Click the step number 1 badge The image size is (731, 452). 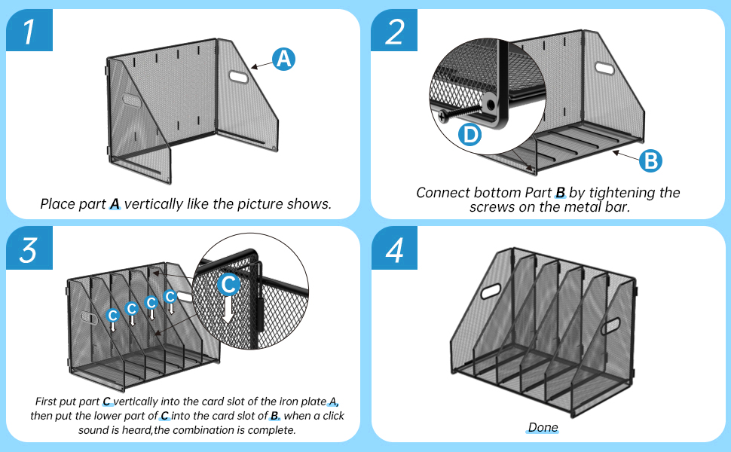(29, 31)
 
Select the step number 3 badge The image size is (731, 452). (29, 249)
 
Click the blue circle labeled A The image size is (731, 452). (283, 60)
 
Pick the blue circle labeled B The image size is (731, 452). (650, 160)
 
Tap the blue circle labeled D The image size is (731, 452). (470, 135)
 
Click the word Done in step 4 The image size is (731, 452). (543, 428)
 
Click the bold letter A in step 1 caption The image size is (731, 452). (115, 204)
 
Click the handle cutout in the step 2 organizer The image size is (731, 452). (604, 68)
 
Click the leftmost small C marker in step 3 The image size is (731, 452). (112, 315)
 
